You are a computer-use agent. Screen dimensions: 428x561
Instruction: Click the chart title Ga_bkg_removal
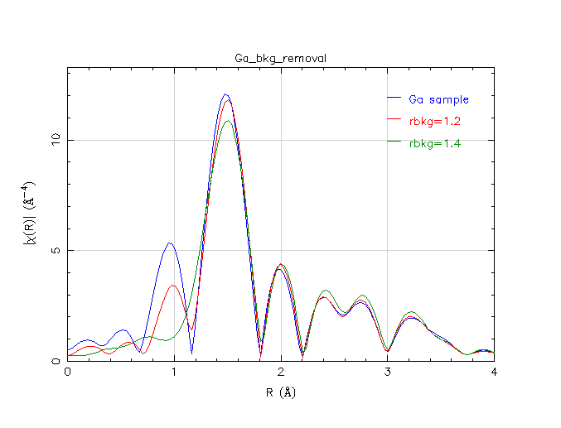coord(281,58)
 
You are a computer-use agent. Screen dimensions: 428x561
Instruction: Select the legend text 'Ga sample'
coord(439,100)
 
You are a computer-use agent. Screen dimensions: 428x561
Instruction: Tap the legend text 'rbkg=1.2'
coord(434,122)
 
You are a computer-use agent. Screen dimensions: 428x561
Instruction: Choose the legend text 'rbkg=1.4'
coord(434,143)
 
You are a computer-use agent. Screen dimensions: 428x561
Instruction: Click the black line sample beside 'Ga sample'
coord(394,99)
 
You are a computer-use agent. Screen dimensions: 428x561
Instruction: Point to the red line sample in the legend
coord(394,122)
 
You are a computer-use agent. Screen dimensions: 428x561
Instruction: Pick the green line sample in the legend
coord(394,143)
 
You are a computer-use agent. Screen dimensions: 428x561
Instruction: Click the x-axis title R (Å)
coord(281,392)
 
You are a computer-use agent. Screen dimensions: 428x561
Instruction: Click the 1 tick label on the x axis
coord(174,373)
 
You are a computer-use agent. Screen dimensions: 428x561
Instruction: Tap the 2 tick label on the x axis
coord(281,373)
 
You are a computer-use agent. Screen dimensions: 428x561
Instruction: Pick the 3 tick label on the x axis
coord(387,373)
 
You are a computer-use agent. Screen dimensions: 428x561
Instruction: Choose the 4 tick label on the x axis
coord(494,373)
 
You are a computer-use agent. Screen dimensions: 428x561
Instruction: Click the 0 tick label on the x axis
coord(68,373)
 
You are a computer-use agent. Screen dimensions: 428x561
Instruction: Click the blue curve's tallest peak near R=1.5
coord(225,94)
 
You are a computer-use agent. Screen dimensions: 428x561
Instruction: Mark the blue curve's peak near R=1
coord(170,243)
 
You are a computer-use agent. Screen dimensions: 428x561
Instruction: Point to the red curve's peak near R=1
coord(173,286)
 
